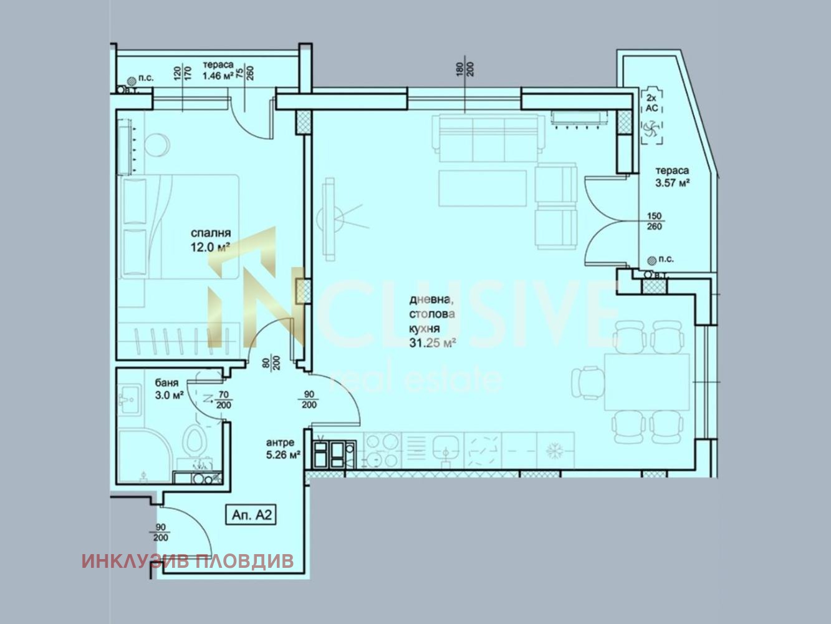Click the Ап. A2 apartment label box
(251, 515)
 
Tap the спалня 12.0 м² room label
(211, 240)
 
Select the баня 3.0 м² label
(169, 389)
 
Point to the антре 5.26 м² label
(284, 449)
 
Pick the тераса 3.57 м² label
(672, 177)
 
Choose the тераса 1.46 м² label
(218, 71)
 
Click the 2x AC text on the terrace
(651, 103)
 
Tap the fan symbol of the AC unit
(652, 129)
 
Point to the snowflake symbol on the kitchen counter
(555, 451)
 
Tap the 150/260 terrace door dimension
(655, 222)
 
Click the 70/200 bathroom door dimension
(224, 401)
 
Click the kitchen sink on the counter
(446, 450)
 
